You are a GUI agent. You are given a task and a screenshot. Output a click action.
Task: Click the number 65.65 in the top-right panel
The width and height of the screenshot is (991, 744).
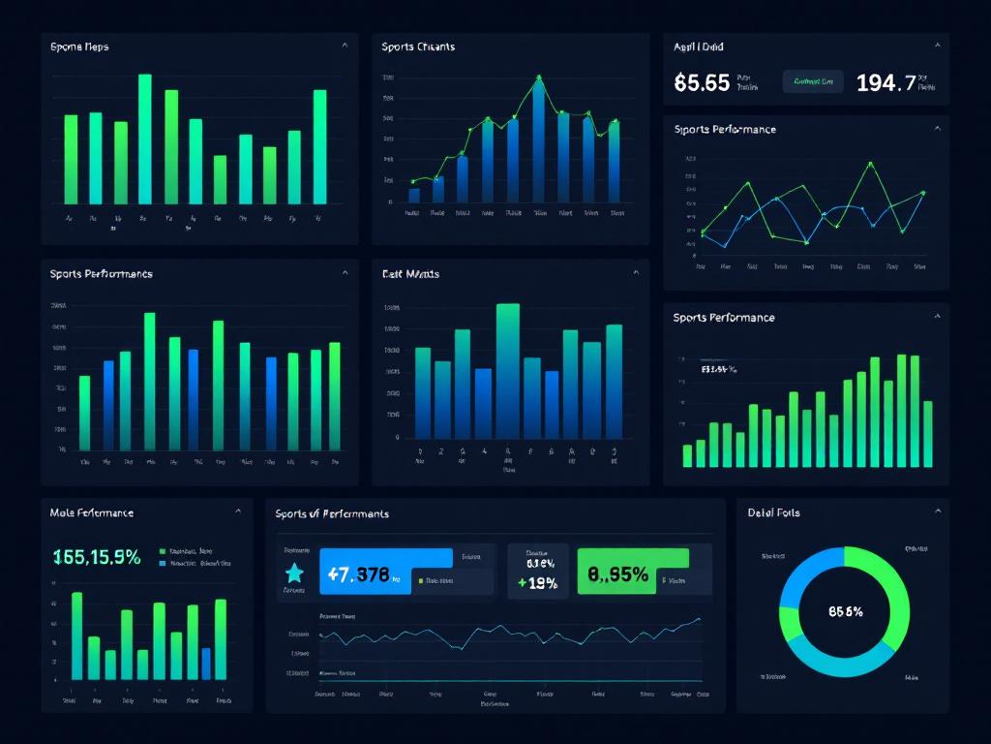click(x=702, y=83)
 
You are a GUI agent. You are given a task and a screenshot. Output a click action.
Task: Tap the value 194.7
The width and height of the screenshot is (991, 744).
click(x=886, y=83)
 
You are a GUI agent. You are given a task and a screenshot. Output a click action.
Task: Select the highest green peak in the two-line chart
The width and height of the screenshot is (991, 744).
click(x=871, y=163)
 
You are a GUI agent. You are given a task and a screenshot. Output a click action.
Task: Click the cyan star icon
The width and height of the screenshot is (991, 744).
click(x=295, y=573)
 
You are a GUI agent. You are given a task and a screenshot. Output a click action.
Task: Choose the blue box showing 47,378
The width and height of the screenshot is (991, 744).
click(x=385, y=573)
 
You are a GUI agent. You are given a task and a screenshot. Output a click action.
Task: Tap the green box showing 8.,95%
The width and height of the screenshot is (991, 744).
click(x=632, y=573)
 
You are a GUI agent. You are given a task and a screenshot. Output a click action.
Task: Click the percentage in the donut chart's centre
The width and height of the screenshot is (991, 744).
click(x=846, y=611)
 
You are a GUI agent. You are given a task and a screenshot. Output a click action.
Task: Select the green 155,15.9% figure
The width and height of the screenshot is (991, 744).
click(x=97, y=557)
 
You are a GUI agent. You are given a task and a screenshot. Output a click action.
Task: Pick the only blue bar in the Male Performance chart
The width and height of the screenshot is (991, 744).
click(x=206, y=664)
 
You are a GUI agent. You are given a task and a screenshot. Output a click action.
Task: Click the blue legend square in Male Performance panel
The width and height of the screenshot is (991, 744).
click(x=162, y=563)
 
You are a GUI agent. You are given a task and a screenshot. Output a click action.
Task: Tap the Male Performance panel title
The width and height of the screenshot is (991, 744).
click(x=91, y=512)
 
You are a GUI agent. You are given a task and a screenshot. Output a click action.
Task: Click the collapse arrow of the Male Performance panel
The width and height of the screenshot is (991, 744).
click(x=238, y=511)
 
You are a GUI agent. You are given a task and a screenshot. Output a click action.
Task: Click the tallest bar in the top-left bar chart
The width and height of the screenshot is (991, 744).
click(x=145, y=139)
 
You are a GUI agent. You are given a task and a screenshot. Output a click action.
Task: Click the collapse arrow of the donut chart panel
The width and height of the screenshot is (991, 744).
click(x=937, y=511)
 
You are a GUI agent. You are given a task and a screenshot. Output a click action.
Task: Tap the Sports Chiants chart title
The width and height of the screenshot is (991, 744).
click(x=417, y=46)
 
